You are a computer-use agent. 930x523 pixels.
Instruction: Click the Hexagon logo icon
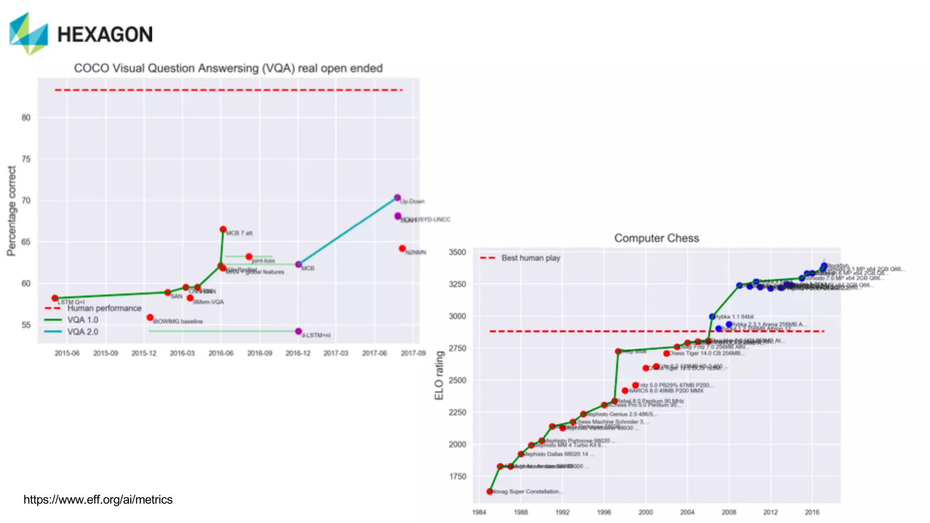[x=28, y=34]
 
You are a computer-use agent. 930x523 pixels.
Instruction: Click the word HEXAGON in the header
[x=105, y=35]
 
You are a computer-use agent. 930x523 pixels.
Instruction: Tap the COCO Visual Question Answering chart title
[x=228, y=68]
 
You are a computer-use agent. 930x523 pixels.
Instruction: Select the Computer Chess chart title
[x=656, y=238]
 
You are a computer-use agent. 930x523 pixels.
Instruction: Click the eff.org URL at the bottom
[x=98, y=499]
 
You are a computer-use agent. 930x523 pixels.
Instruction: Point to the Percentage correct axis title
[x=12, y=211]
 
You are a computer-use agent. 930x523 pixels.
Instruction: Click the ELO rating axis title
[x=439, y=375]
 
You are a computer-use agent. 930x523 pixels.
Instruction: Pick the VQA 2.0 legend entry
[x=82, y=332]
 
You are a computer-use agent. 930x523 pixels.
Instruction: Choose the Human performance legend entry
[x=104, y=308]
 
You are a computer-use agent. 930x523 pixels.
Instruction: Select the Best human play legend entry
[x=530, y=258]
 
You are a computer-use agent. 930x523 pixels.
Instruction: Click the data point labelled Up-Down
[x=397, y=197]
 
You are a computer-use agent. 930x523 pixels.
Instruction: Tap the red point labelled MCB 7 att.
[x=223, y=229]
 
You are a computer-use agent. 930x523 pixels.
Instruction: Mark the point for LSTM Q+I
[x=55, y=298]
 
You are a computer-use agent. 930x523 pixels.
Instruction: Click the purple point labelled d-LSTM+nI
[x=298, y=331]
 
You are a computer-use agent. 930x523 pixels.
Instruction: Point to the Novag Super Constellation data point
[x=490, y=491]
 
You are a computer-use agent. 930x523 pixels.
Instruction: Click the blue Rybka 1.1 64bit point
[x=712, y=316]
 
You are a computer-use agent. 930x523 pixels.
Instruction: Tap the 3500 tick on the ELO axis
[x=457, y=252]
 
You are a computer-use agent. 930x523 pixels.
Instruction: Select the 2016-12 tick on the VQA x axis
[x=298, y=353]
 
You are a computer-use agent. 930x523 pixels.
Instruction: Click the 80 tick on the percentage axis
[x=26, y=118]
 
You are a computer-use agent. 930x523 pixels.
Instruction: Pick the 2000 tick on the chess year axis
[x=645, y=512]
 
